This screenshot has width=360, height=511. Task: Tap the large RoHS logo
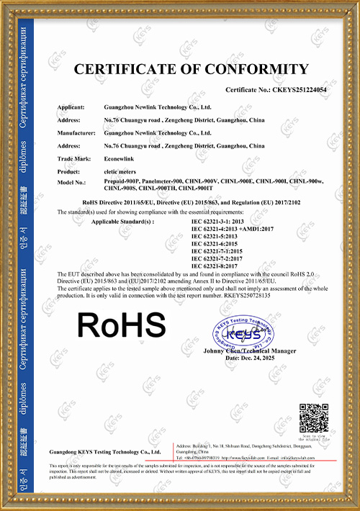tap(122, 325)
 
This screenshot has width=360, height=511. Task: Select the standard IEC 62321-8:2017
tap(217, 267)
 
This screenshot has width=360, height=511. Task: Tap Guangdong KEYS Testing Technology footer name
tap(104, 451)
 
